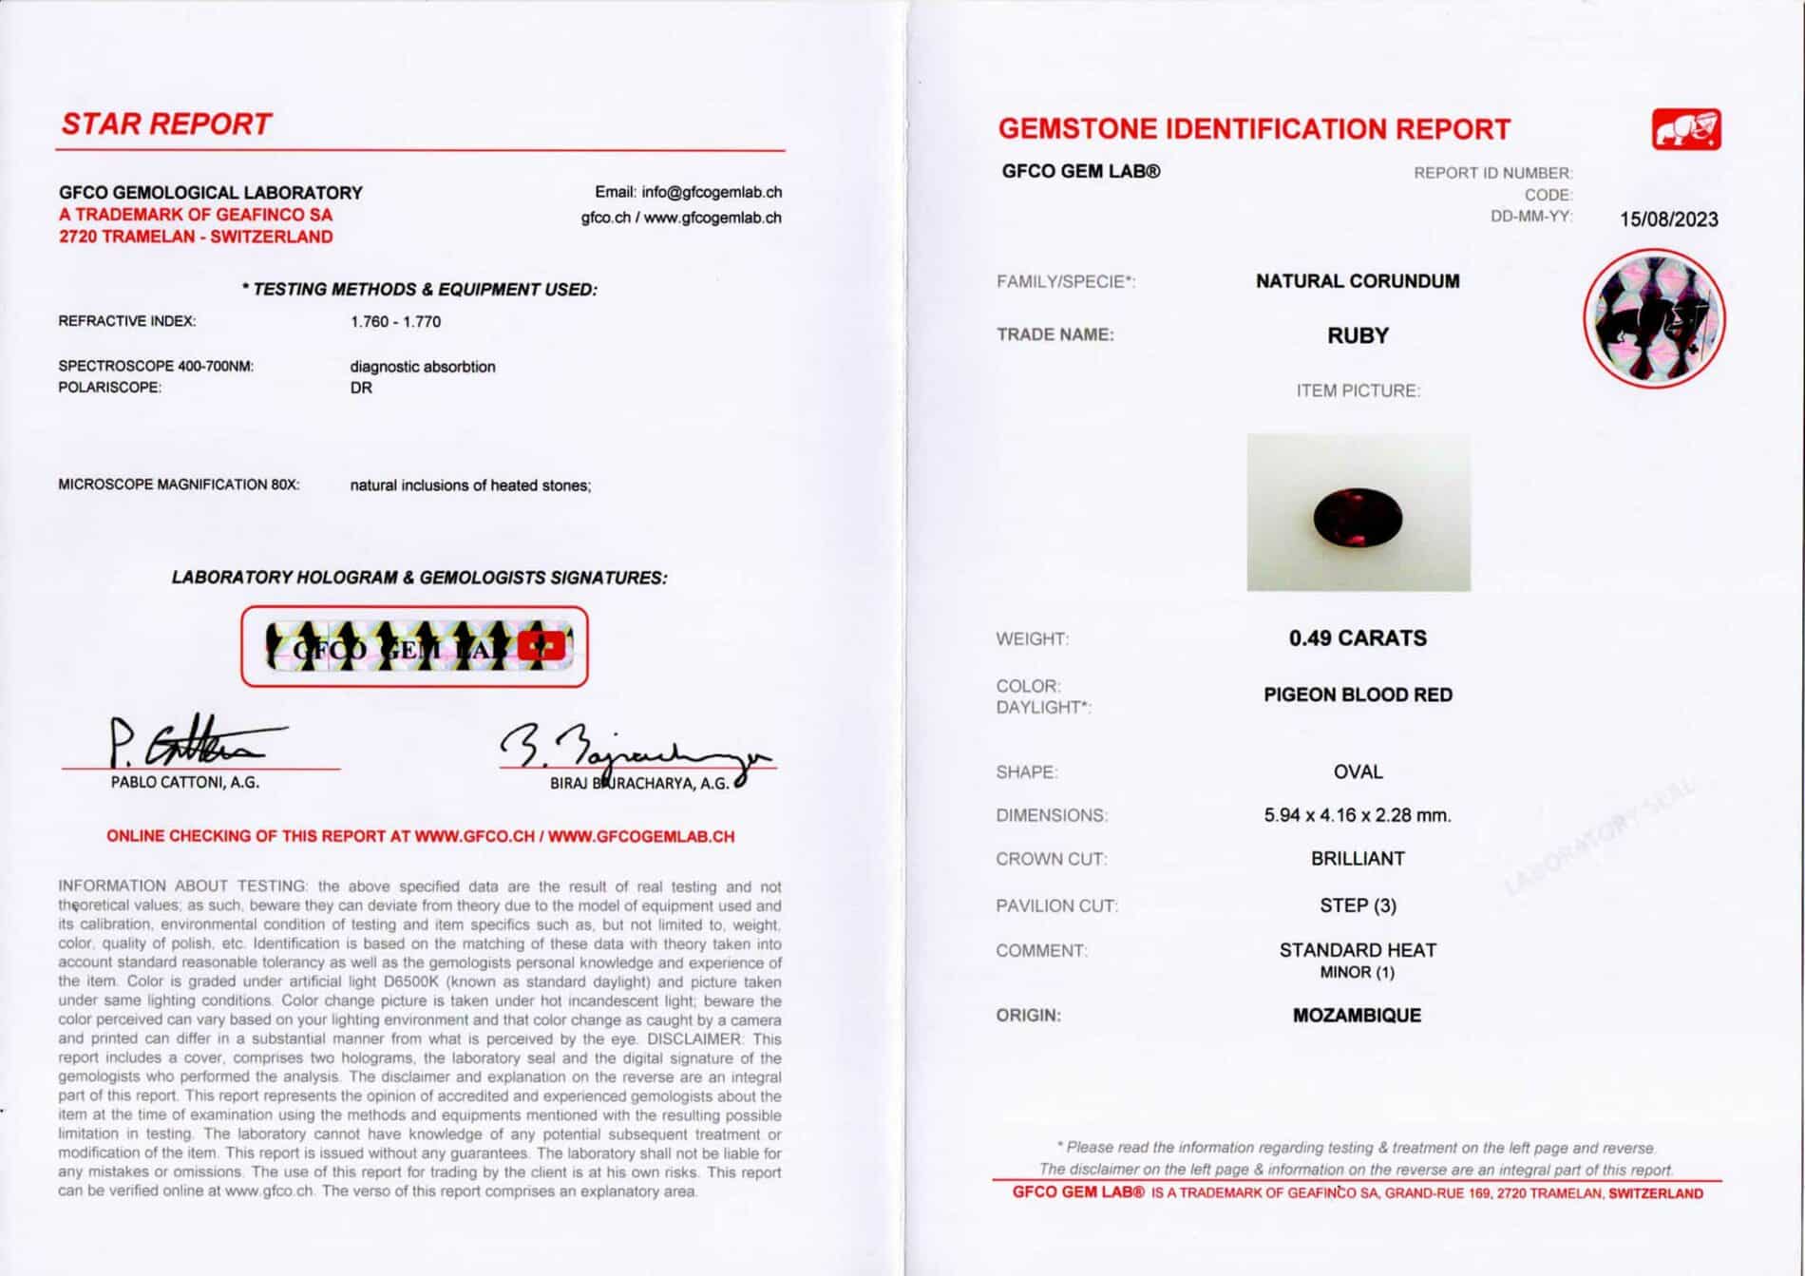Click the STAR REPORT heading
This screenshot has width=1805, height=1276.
tap(166, 124)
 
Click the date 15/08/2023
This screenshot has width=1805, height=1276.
tap(1668, 219)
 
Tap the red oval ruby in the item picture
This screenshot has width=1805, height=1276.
tap(1358, 517)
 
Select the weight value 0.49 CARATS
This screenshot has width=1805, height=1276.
tap(1358, 638)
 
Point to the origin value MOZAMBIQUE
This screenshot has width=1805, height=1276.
tap(1357, 1016)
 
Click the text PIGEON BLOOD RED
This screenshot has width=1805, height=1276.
tap(1358, 695)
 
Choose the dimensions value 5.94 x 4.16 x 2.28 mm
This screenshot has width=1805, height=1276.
tap(1358, 815)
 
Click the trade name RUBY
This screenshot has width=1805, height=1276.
tap(1358, 335)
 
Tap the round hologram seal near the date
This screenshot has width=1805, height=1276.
tap(1654, 318)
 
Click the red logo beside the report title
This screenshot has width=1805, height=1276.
tap(1686, 130)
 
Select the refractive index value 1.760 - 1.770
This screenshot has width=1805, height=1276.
tap(395, 322)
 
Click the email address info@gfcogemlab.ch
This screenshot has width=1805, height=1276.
tap(712, 192)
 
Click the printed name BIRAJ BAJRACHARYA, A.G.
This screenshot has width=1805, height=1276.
tap(639, 784)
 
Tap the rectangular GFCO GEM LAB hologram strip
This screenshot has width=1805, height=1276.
tap(414, 647)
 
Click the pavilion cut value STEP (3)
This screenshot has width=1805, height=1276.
tap(1358, 905)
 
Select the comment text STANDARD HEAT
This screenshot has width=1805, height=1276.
tap(1358, 950)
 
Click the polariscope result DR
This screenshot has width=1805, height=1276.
tap(361, 389)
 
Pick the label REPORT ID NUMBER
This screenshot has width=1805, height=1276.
tap(1492, 173)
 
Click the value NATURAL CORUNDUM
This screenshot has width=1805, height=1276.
tap(1358, 281)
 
